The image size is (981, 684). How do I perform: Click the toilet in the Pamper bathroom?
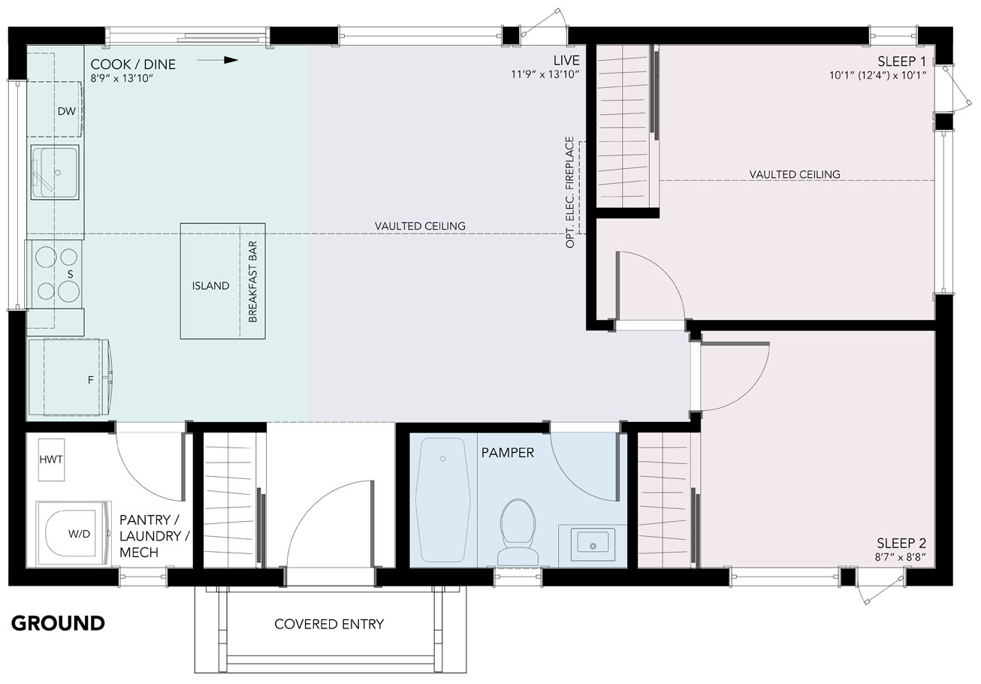point(518,532)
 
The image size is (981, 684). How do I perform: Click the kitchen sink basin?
point(55,173)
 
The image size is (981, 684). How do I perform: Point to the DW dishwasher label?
point(67,111)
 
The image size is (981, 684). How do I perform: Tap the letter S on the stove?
point(70,274)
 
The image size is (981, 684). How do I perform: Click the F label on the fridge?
point(91,380)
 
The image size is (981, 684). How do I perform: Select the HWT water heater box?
point(51,460)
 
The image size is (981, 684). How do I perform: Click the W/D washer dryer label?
point(80,534)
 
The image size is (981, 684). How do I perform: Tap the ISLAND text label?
point(210,286)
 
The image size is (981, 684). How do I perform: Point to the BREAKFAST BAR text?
point(252,282)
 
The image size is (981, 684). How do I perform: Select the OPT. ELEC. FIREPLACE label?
point(569,192)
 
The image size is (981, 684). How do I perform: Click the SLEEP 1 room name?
point(901,62)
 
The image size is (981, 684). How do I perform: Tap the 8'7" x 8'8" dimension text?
point(900,558)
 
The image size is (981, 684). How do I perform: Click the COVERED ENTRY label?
point(329,624)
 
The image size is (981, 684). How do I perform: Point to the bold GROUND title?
point(58,623)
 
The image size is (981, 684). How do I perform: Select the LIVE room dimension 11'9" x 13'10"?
point(545,74)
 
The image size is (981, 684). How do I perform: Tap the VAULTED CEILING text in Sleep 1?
point(795,174)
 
